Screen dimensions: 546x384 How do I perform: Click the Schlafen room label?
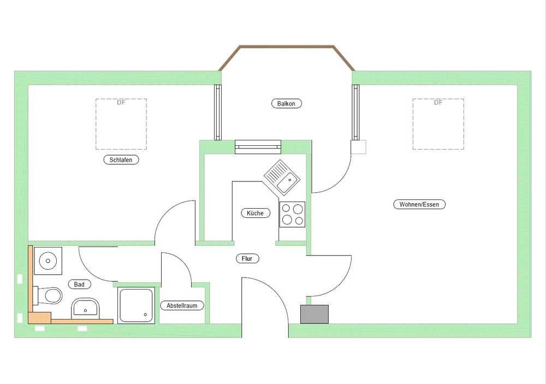121,159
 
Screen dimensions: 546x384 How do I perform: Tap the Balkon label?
286,103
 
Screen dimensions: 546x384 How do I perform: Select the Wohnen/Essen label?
419,204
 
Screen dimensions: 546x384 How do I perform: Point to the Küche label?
255,213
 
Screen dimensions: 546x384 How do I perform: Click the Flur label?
247,258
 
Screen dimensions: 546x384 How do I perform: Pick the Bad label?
79,285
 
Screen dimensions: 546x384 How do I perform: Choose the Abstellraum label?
182,305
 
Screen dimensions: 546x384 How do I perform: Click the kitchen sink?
282,178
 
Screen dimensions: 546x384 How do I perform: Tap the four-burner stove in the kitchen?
292,215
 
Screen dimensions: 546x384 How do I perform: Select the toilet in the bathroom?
48,296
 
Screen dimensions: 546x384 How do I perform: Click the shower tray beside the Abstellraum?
136,305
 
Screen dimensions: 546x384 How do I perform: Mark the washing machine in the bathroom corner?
48,261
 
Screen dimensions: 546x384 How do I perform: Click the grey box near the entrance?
314,314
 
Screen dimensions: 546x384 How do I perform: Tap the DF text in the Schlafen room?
121,103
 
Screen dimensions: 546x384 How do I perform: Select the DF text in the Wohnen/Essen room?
438,103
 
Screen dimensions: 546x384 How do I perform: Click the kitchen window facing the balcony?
258,147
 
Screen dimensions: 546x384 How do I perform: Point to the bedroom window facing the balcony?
218,112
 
